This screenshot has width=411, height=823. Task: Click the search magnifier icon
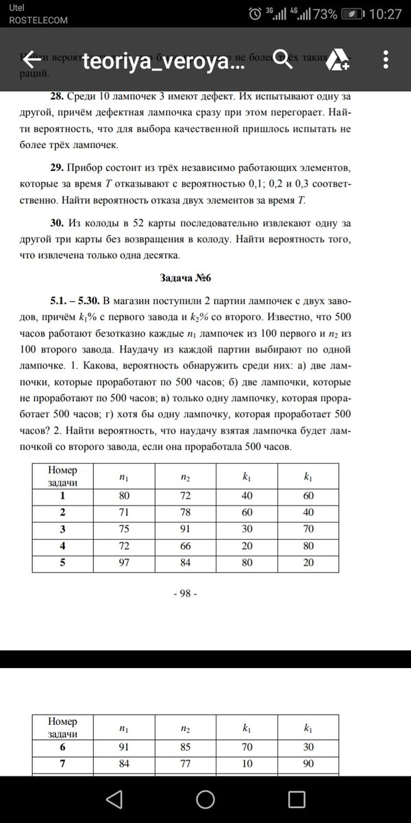click(x=284, y=60)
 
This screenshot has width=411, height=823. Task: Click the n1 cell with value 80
click(x=124, y=495)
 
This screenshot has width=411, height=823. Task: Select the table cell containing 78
click(x=185, y=512)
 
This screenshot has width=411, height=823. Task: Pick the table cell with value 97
click(x=124, y=563)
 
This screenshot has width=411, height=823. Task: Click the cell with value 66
click(x=185, y=546)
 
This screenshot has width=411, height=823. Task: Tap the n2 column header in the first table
click(x=185, y=476)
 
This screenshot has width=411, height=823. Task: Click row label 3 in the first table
click(x=62, y=529)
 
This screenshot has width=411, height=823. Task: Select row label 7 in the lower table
click(x=62, y=765)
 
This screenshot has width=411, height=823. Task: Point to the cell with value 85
click(x=185, y=748)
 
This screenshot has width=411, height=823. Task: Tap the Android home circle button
click(x=206, y=799)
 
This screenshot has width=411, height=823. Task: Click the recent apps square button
click(x=296, y=799)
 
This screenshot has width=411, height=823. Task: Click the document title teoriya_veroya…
click(x=163, y=62)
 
